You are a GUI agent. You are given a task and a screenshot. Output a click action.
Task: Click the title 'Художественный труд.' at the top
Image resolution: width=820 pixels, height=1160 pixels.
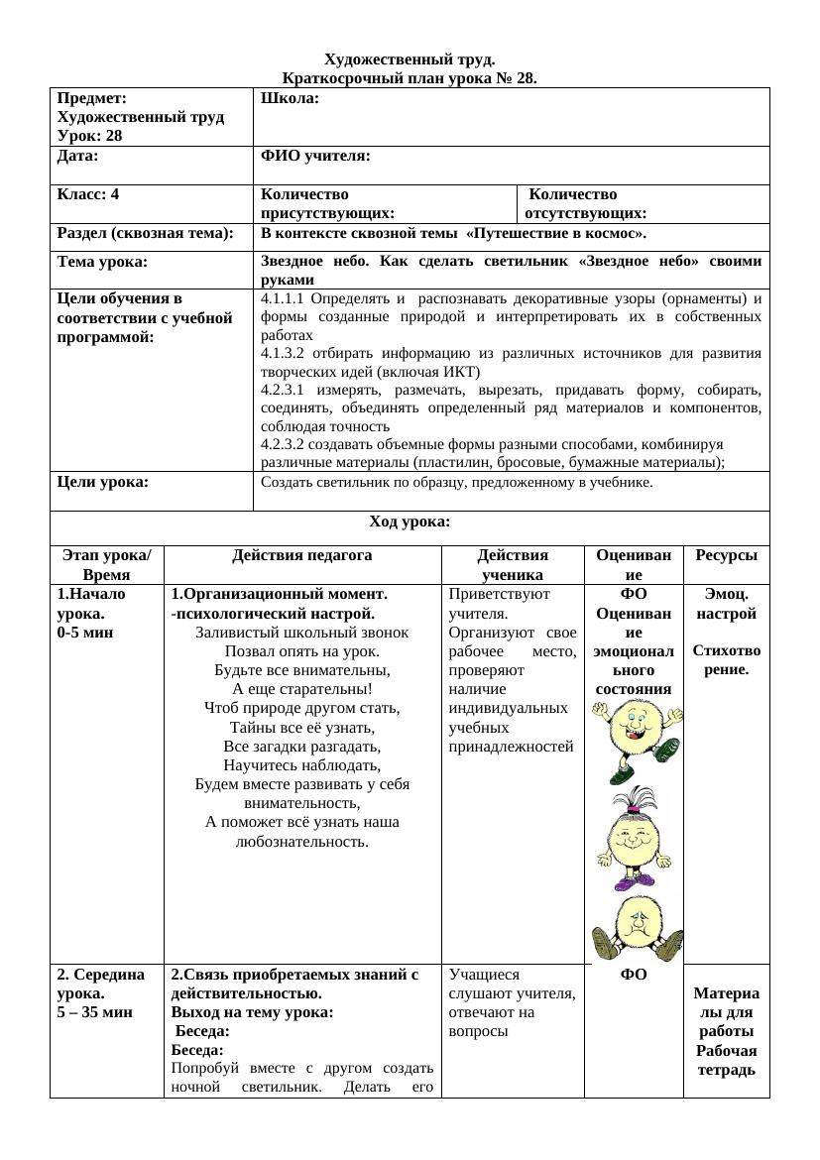[410, 60]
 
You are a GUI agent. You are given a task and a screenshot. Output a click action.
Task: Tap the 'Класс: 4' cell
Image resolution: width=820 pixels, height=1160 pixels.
[88, 194]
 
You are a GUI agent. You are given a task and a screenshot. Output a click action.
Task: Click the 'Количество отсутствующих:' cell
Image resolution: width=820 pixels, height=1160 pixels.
[586, 203]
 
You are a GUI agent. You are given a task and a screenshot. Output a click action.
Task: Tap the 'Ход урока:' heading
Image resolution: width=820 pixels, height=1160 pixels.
[410, 522]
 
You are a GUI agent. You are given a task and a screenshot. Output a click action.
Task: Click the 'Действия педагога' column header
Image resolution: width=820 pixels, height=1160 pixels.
[302, 555]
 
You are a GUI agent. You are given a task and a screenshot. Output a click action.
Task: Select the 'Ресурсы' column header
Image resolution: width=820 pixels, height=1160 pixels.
[726, 555]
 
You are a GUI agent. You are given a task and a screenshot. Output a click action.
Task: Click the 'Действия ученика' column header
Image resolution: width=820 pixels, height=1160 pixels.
[513, 564]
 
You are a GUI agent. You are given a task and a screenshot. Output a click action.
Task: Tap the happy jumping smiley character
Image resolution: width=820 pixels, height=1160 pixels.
[636, 740]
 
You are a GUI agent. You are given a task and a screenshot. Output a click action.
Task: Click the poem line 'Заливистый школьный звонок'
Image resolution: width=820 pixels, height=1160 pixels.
[302, 632]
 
